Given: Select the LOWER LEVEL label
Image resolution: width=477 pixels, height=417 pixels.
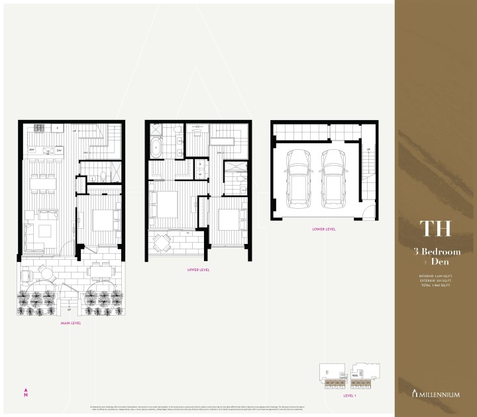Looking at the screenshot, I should coord(323,229).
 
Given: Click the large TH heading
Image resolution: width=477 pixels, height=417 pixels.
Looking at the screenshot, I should coord(435,226).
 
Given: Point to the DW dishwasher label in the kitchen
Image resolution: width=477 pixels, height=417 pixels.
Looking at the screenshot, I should coord(59,150).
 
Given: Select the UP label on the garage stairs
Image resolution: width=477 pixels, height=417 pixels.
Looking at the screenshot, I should coord(368,150).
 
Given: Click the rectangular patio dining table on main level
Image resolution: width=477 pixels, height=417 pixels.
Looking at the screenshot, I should coord(100,270).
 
